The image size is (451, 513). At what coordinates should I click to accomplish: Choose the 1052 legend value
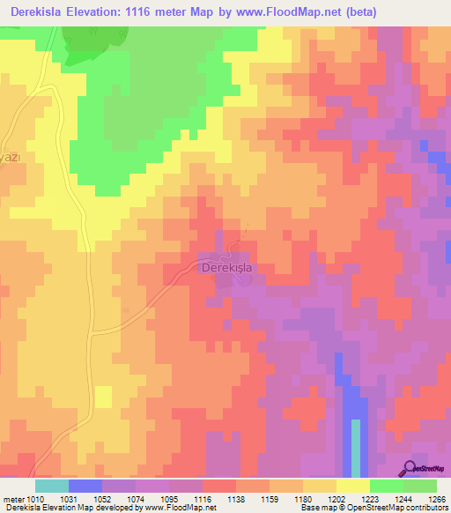[103, 499]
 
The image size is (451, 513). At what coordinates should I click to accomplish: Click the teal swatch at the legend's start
[51, 486]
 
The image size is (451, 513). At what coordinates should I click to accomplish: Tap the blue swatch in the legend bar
[85, 486]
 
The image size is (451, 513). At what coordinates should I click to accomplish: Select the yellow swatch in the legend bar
[352, 486]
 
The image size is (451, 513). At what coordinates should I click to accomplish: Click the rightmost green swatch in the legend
[420, 486]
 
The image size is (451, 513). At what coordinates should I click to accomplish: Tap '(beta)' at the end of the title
[417, 11]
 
